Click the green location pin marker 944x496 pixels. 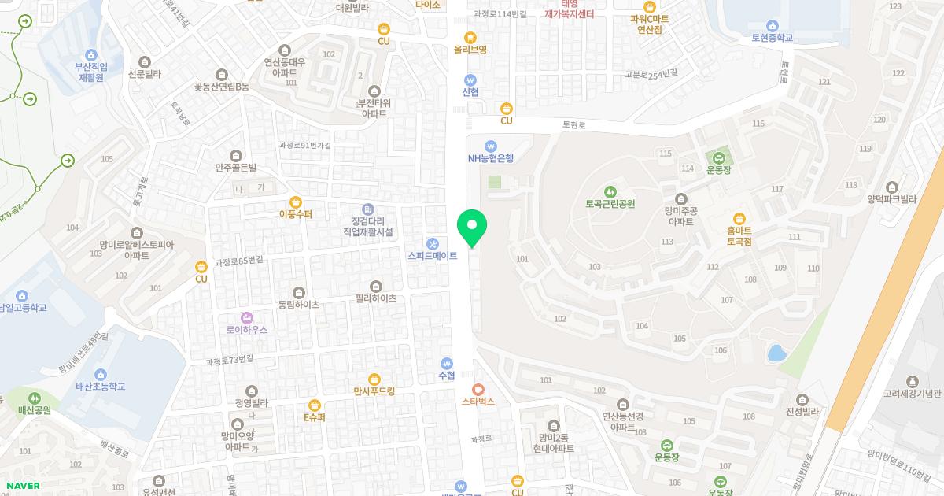(472, 226)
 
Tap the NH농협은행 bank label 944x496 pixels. (490, 157)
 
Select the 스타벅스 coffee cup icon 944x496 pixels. (478, 389)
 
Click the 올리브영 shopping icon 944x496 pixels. (470, 37)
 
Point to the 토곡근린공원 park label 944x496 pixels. (610, 204)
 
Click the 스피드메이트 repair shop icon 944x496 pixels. (432, 243)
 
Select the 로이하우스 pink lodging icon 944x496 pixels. (247, 317)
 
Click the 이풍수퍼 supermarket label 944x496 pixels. (296, 214)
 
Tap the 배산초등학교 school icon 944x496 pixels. (101, 374)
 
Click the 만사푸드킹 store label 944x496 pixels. (374, 391)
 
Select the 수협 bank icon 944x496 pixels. (447, 364)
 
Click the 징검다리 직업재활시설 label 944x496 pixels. (367, 226)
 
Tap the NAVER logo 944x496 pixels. (23, 486)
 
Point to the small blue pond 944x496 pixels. (776, 352)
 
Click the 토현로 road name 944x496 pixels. (574, 124)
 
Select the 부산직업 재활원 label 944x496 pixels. (90, 72)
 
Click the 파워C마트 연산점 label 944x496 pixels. (649, 24)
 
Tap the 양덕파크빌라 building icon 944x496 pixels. (891, 187)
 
